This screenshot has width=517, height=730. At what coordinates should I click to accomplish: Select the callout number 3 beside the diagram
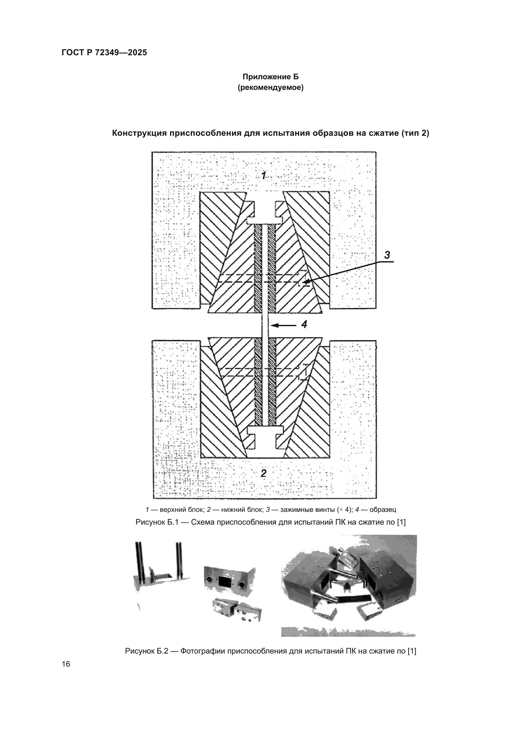tap(387, 255)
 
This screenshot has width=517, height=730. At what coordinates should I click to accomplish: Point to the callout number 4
tap(304, 324)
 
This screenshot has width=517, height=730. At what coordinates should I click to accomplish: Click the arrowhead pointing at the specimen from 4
tap(274, 325)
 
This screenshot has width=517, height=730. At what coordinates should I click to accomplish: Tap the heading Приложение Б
tap(271, 77)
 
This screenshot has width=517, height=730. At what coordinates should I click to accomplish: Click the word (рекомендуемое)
tap(271, 88)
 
